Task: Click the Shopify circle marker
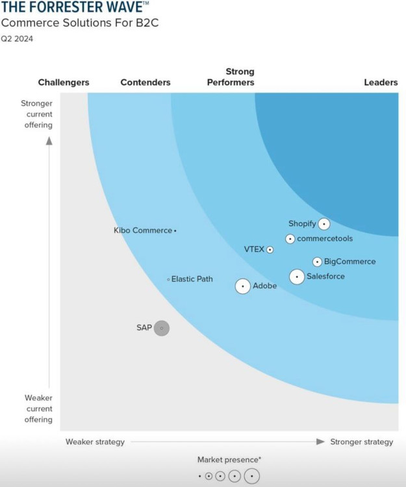point(324,224)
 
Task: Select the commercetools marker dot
point(290,239)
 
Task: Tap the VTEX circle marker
point(270,249)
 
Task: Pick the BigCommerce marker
point(317,262)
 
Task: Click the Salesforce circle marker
point(297,277)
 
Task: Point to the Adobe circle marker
point(243,286)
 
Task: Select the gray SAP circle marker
point(162,328)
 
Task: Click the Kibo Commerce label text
point(143,231)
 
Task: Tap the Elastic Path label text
point(192,279)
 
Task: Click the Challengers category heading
point(64,82)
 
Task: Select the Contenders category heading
point(146,82)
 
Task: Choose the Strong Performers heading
point(231,77)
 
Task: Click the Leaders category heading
point(381,82)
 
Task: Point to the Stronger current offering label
point(37,114)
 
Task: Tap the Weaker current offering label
point(39,408)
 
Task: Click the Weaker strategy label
point(95,442)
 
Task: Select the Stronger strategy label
point(362,442)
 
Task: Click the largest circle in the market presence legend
point(251,476)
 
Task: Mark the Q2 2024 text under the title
point(17,38)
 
